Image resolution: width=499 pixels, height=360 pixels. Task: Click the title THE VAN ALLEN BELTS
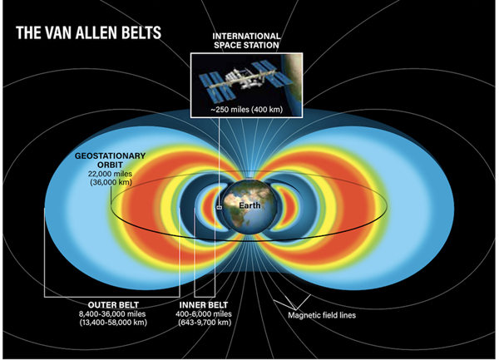click(x=88, y=32)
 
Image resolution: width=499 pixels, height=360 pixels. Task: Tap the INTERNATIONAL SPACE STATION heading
click(x=247, y=41)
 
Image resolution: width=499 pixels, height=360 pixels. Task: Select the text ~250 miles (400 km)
click(x=247, y=110)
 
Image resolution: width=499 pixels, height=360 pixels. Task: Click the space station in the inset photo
click(x=245, y=80)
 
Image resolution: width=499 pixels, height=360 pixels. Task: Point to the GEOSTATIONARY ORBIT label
click(x=110, y=160)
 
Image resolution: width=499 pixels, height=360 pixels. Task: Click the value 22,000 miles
click(x=110, y=174)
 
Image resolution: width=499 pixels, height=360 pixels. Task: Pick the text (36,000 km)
click(x=111, y=182)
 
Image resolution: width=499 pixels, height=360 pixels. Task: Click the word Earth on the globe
click(x=249, y=205)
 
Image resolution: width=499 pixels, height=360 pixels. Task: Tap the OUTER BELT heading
click(x=113, y=305)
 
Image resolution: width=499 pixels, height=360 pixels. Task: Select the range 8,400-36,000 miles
click(x=112, y=314)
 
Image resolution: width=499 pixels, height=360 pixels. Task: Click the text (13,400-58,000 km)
click(x=113, y=322)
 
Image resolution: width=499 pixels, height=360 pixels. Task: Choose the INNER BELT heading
click(x=204, y=305)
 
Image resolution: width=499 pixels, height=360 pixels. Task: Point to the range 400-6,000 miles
click(x=204, y=314)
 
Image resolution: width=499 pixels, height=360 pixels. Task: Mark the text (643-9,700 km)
click(x=205, y=322)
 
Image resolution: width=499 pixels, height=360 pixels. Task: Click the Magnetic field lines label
click(x=322, y=315)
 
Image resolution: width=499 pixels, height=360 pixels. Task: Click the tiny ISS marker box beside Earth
click(x=219, y=208)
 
